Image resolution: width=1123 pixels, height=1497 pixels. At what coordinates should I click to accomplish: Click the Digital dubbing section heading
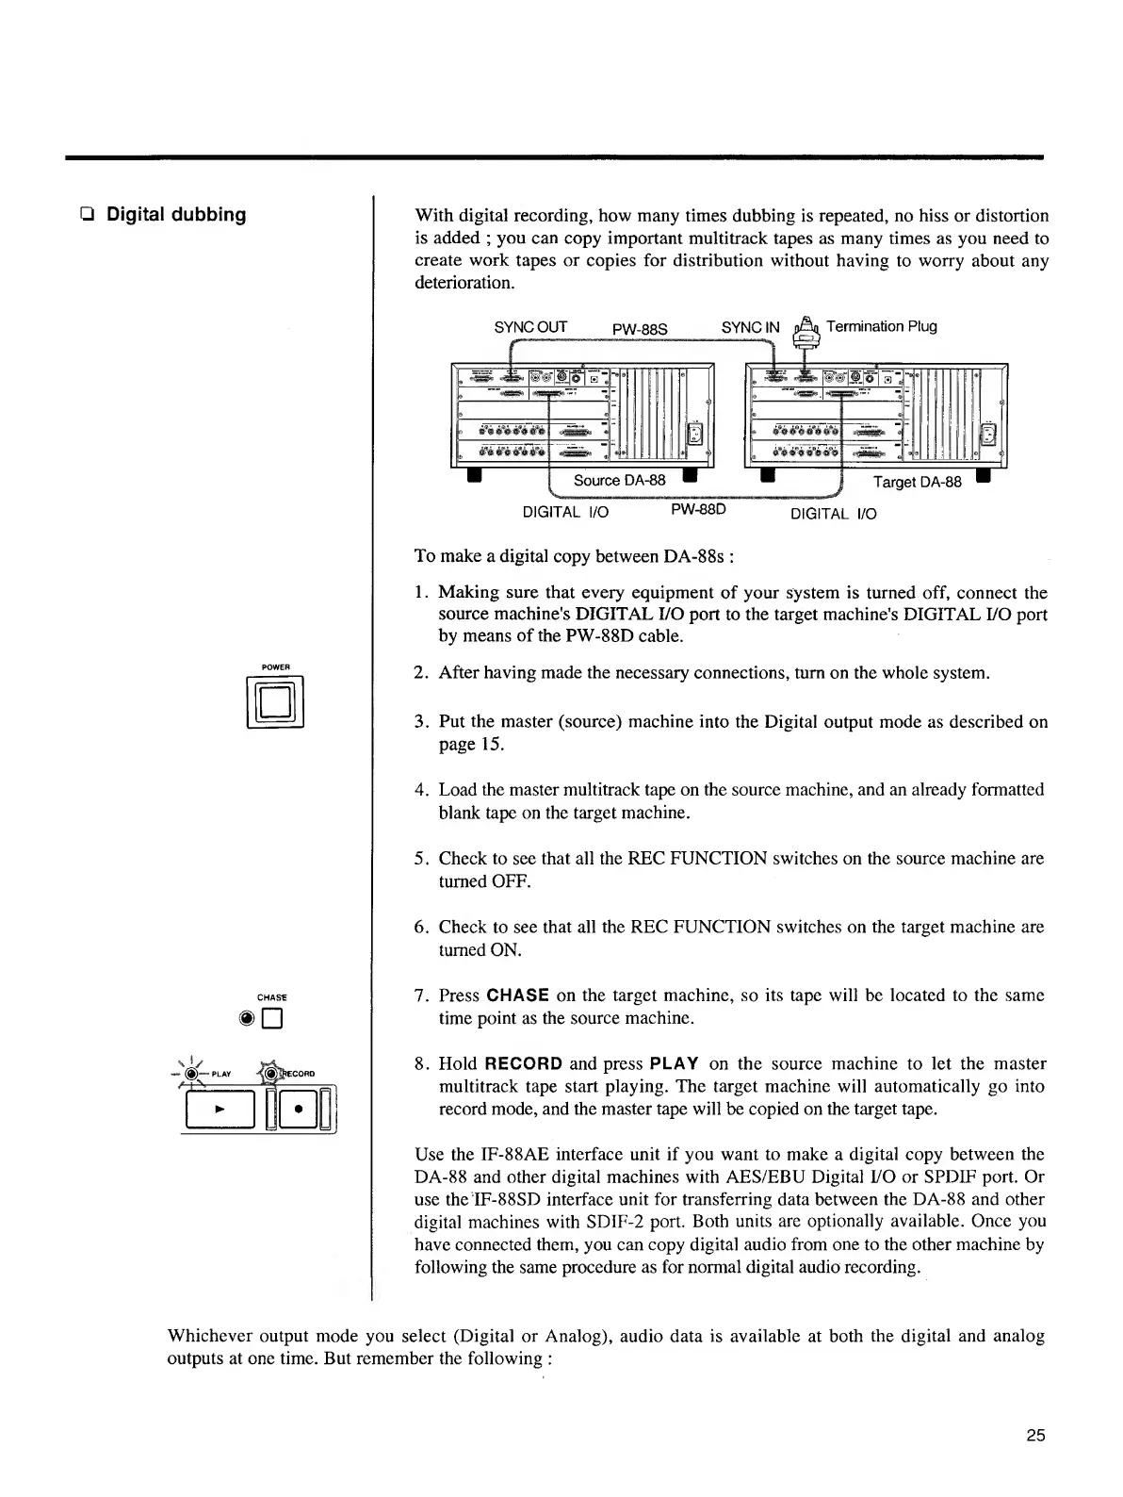tap(175, 215)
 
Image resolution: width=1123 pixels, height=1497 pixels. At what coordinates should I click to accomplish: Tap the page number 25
tap(1035, 1436)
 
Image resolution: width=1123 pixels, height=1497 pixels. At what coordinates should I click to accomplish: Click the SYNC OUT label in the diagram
tap(530, 327)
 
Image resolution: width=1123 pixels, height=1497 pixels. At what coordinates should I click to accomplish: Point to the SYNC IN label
tap(750, 327)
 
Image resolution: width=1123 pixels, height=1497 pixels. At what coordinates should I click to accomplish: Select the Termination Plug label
tap(881, 326)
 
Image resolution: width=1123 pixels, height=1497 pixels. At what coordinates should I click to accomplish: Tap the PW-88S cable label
tap(640, 329)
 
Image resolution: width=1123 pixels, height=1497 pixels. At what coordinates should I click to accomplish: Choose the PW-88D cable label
tap(697, 511)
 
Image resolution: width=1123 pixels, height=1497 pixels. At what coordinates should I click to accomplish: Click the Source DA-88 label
tap(619, 480)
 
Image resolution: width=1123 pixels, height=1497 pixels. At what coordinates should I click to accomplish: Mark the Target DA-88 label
tap(917, 482)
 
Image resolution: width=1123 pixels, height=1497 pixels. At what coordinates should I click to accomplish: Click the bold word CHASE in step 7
tap(517, 995)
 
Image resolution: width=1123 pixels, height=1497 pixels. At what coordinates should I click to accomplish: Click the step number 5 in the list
tap(420, 859)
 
